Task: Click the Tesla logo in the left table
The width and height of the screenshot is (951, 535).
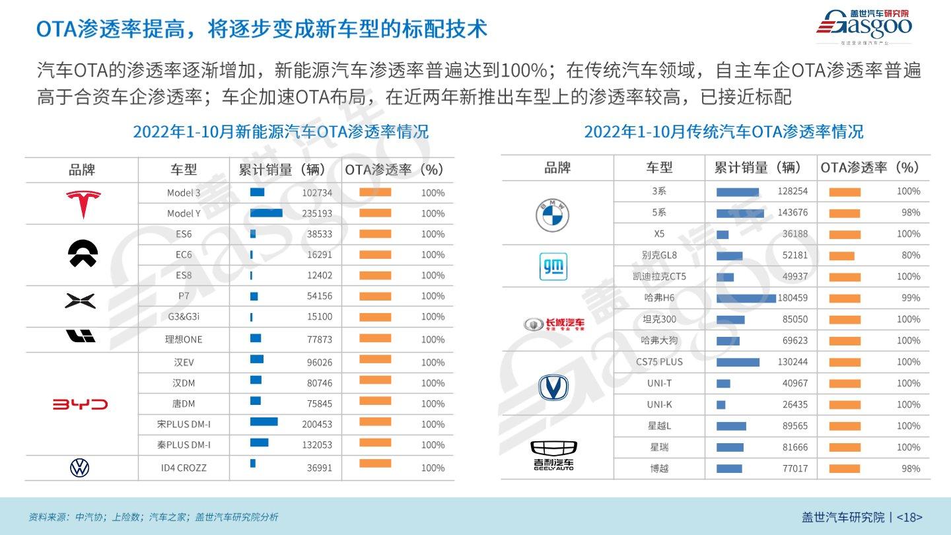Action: coord(83,203)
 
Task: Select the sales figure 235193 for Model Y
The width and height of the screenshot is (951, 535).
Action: coord(317,213)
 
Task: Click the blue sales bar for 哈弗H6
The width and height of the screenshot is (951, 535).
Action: coord(746,298)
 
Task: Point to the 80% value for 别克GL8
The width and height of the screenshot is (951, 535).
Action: coord(911,255)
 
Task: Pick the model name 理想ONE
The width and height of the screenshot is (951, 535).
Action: coord(184,339)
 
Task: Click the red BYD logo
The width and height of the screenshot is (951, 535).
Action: coord(80,404)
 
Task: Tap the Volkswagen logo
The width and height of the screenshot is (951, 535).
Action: coord(79,468)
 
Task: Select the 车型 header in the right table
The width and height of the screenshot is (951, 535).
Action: coord(659,168)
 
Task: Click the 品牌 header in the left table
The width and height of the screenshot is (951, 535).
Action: coord(82,170)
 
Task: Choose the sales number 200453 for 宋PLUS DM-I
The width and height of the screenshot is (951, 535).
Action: coord(317,424)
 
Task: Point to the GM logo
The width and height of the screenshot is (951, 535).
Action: coord(553,266)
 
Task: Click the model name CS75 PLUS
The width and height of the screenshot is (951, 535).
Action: coord(659,362)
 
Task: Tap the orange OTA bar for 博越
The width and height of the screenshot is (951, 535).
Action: coord(845,469)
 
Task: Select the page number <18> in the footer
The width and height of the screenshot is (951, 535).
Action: coord(909,517)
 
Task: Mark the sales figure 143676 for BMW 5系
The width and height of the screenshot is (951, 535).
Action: coord(792,213)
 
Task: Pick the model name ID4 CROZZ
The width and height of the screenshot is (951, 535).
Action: coord(184,468)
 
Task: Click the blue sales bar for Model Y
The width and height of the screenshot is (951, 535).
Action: coord(266,213)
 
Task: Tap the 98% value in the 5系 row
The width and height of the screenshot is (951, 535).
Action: coord(911,213)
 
